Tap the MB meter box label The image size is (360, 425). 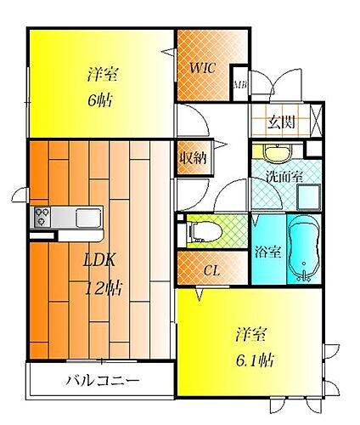239,84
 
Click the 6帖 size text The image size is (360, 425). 100,99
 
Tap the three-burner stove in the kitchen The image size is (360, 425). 42,217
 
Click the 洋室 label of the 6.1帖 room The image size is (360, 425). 252,334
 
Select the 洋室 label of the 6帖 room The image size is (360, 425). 101,74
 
